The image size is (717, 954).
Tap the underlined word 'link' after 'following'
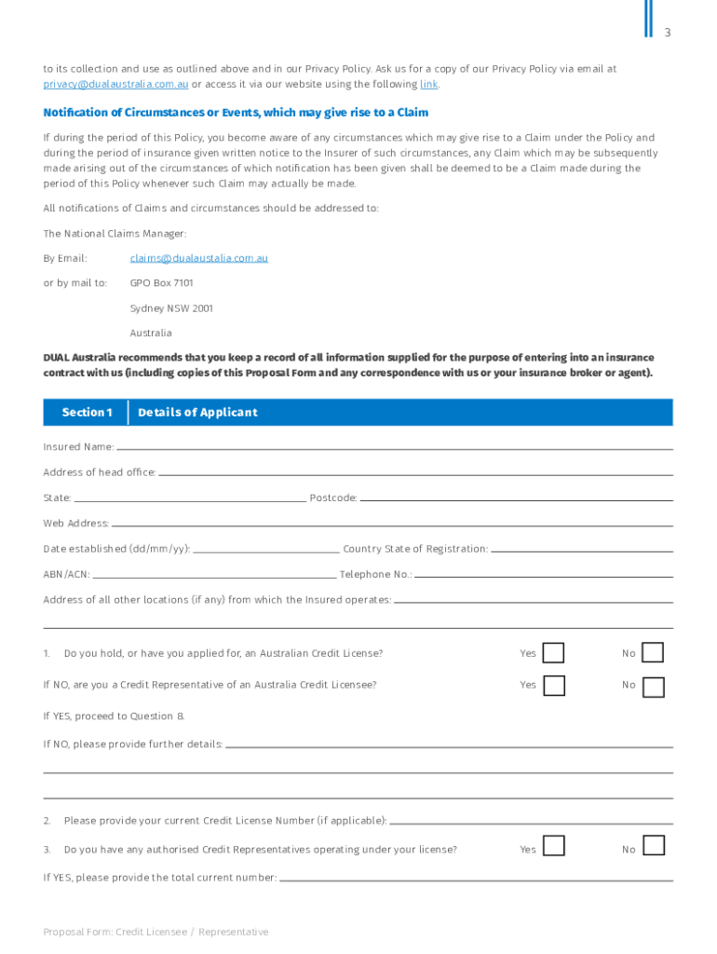[428, 84]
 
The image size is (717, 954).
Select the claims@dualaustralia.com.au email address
[198, 257]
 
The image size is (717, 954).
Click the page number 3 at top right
[667, 33]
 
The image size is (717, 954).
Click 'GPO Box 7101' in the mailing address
[161, 282]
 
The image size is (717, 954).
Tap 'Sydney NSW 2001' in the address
[171, 307]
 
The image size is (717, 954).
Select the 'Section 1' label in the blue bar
[87, 413]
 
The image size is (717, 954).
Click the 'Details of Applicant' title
[197, 413]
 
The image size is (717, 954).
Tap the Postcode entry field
[516, 497]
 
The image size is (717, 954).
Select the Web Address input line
[391, 523]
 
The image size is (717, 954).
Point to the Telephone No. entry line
[544, 574]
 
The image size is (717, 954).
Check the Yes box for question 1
[554, 653]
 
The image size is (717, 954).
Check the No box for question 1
[654, 653]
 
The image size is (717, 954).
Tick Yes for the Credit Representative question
[554, 686]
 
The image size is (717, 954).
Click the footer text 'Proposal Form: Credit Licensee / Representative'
[156, 932]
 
